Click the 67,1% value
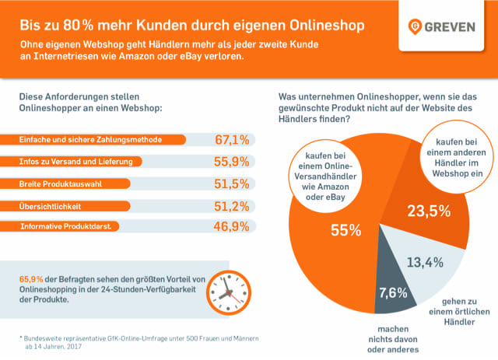[x=232, y=140]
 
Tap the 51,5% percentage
[x=232, y=183]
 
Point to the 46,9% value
[x=232, y=227]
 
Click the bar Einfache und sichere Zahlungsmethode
[x=101, y=141]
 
